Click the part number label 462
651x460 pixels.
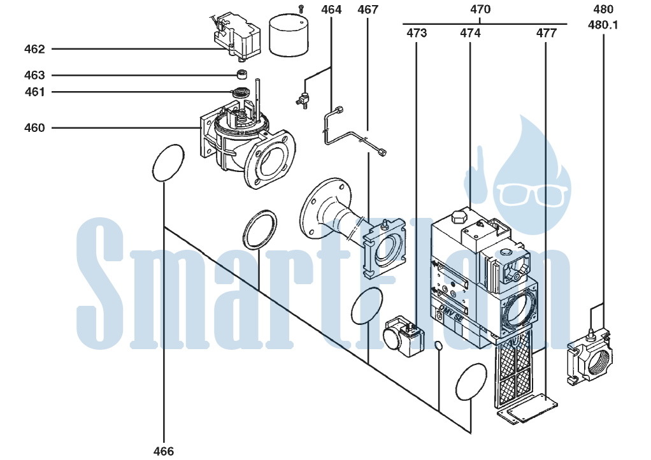pyautogui.click(x=34, y=49)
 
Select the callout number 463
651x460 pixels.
pyautogui.click(x=34, y=75)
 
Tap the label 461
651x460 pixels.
pyautogui.click(x=34, y=92)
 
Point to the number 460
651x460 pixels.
pyautogui.click(x=34, y=128)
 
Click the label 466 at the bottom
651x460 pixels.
pyautogui.click(x=164, y=451)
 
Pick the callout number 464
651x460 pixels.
pyautogui.click(x=331, y=10)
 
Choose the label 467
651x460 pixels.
pyautogui.click(x=368, y=10)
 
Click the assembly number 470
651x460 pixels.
pyautogui.click(x=480, y=9)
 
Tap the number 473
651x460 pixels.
pyautogui.click(x=417, y=32)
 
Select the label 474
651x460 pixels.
pyautogui.click(x=470, y=32)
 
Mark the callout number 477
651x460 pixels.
pyautogui.click(x=547, y=32)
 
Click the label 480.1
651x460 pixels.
pyautogui.click(x=603, y=25)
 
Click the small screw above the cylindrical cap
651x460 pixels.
pyautogui.click(x=302, y=8)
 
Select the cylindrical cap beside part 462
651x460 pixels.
pyautogui.click(x=289, y=35)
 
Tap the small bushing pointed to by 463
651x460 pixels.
pyautogui.click(x=243, y=75)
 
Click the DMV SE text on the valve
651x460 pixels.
pyautogui.click(x=451, y=313)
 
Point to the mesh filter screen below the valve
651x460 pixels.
pyautogui.click(x=513, y=369)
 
